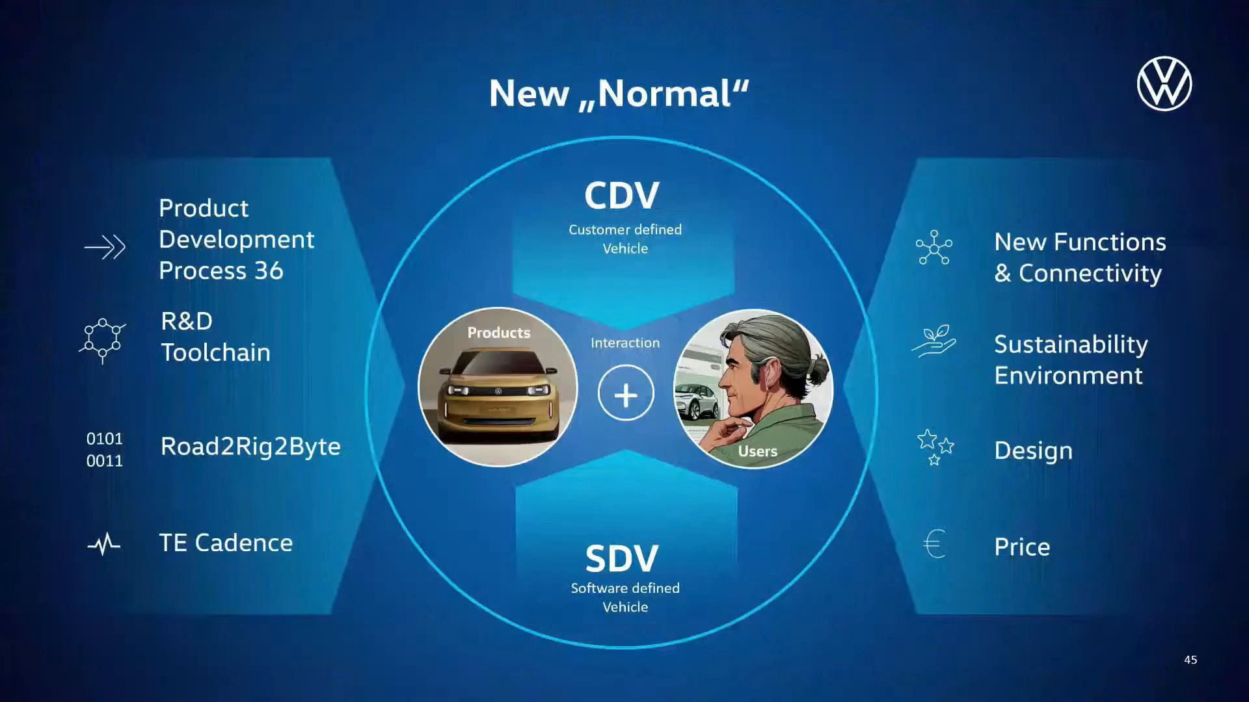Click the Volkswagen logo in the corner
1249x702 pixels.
pyautogui.click(x=1164, y=84)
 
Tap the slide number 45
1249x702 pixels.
pyautogui.click(x=1190, y=660)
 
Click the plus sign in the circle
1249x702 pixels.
pyautogui.click(x=626, y=394)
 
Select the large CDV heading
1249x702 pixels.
pyautogui.click(x=622, y=195)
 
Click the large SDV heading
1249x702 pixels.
pyautogui.click(x=622, y=558)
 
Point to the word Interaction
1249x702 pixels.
pyautogui.click(x=625, y=343)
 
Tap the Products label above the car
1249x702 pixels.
pyautogui.click(x=499, y=332)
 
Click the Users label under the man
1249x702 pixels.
pyautogui.click(x=758, y=451)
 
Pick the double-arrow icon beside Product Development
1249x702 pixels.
pyautogui.click(x=105, y=247)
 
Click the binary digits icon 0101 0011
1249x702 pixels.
pyautogui.click(x=105, y=450)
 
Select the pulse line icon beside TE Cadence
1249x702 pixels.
pyautogui.click(x=104, y=544)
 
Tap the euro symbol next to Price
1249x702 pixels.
pyautogui.click(x=934, y=543)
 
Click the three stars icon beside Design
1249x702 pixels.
pyautogui.click(x=935, y=447)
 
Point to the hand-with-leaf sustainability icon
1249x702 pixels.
pyautogui.click(x=934, y=341)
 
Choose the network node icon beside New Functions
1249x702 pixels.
pyautogui.click(x=934, y=247)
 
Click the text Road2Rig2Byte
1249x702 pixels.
pyautogui.click(x=250, y=447)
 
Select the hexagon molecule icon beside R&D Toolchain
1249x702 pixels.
pyautogui.click(x=103, y=340)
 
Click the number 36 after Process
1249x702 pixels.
pyautogui.click(x=269, y=270)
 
